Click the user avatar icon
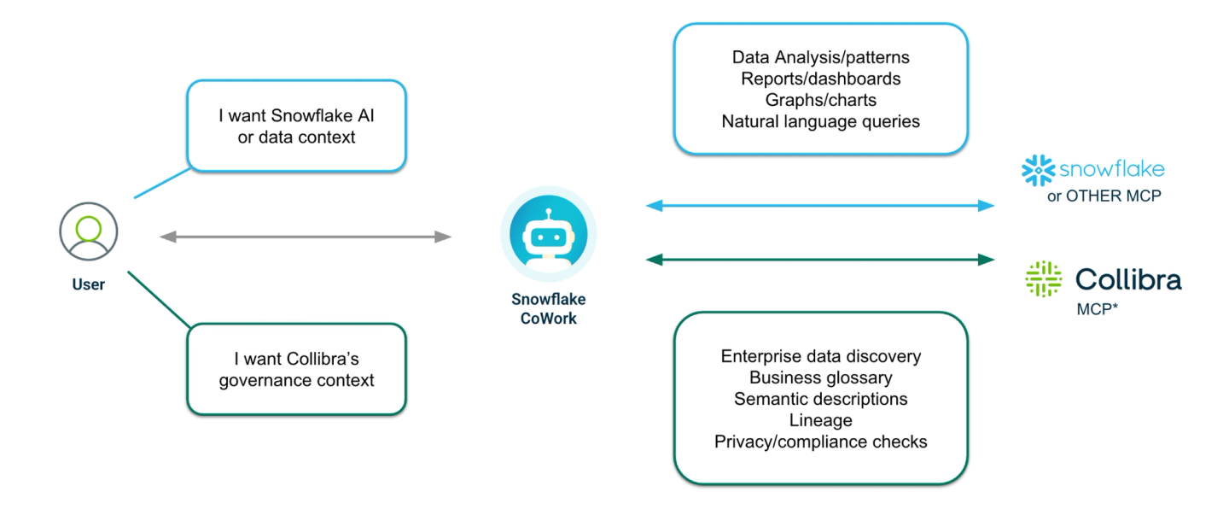pos(89,231)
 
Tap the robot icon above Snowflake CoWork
pos(548,234)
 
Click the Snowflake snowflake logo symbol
pos(1038,170)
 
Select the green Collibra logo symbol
pos(1043,279)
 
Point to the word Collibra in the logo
pos(1128,279)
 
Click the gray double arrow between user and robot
pos(306,237)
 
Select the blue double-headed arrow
pos(820,206)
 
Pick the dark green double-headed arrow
pos(820,259)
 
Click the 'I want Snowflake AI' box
pos(296,126)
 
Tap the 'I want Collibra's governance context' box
pos(296,369)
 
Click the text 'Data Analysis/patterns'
pos(820,57)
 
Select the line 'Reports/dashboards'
pos(820,79)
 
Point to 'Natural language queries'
pos(820,121)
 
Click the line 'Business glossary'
pos(820,377)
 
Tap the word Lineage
pos(820,420)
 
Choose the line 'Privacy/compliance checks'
pos(820,442)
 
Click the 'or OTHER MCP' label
pos(1104,196)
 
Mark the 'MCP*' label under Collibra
pos(1097,309)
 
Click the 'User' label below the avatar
pos(89,284)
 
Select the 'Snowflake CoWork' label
pos(548,308)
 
